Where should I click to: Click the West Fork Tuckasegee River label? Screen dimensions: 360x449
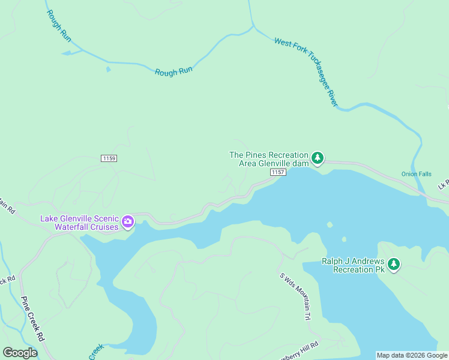click(306, 72)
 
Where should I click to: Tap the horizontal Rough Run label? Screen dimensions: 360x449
click(173, 71)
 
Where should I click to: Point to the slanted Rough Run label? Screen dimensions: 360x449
click(59, 26)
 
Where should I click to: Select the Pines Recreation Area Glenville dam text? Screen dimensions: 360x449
click(268, 159)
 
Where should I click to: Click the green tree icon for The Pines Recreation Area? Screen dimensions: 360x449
click(318, 158)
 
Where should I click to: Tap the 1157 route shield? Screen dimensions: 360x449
click(277, 172)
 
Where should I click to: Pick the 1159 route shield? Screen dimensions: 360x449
click(109, 158)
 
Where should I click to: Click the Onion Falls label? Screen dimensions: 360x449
click(416, 174)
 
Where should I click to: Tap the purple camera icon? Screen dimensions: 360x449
click(128, 223)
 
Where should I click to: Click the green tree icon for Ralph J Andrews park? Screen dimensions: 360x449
click(393, 265)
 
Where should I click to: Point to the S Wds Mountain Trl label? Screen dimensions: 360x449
click(296, 296)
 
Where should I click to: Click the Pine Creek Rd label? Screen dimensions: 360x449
click(32, 319)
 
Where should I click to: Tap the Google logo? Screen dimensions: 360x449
click(20, 353)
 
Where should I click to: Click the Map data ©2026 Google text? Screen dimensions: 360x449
click(412, 355)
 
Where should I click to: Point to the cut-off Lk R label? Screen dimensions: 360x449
click(443, 184)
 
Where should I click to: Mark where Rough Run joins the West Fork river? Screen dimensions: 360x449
click(253, 26)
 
